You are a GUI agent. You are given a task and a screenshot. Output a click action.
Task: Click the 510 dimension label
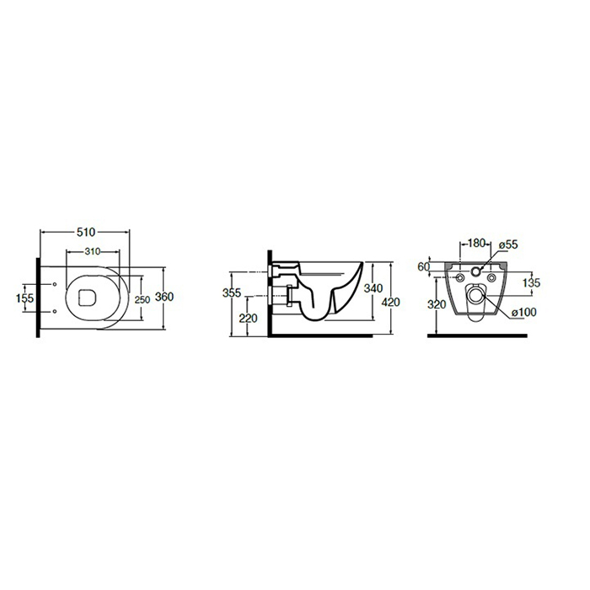(86, 232)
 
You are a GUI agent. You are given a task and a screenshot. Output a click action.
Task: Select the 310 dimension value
(93, 251)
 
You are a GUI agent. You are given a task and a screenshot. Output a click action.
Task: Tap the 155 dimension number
(24, 298)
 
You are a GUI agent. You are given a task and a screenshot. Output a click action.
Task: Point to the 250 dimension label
(142, 300)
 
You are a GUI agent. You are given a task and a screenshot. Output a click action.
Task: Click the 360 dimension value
(164, 297)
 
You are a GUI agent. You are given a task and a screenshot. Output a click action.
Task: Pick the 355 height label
(232, 292)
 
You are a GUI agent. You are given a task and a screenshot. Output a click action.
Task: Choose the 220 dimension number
(249, 319)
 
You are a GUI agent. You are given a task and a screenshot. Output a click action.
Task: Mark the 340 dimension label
(373, 288)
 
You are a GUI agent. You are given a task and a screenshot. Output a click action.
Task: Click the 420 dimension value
(390, 302)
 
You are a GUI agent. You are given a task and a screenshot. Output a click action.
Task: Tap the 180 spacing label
(476, 243)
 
